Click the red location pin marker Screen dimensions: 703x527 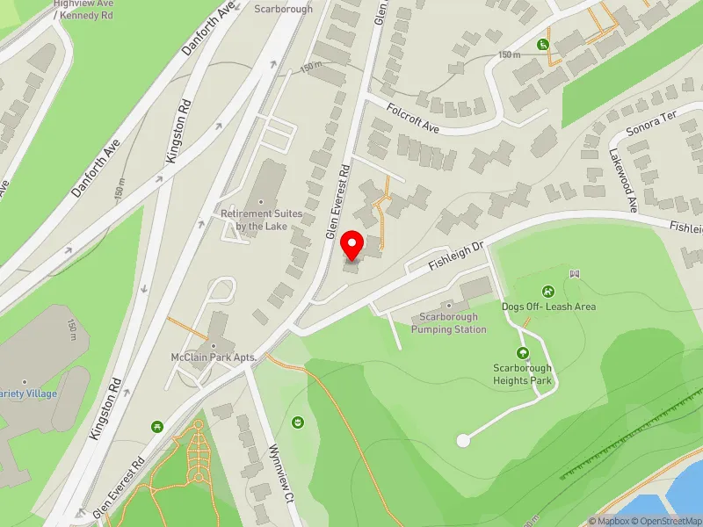[352, 244]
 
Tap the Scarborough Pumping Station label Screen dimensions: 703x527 [448, 323]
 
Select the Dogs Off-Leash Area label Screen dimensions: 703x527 [548, 307]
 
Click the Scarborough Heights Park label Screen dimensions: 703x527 [522, 374]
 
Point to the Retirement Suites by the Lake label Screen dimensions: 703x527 [262, 220]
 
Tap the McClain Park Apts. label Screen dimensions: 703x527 [213, 357]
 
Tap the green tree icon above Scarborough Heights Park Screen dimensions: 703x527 [522, 353]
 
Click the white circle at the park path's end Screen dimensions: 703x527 [463, 440]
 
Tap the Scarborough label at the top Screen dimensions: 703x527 [283, 9]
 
